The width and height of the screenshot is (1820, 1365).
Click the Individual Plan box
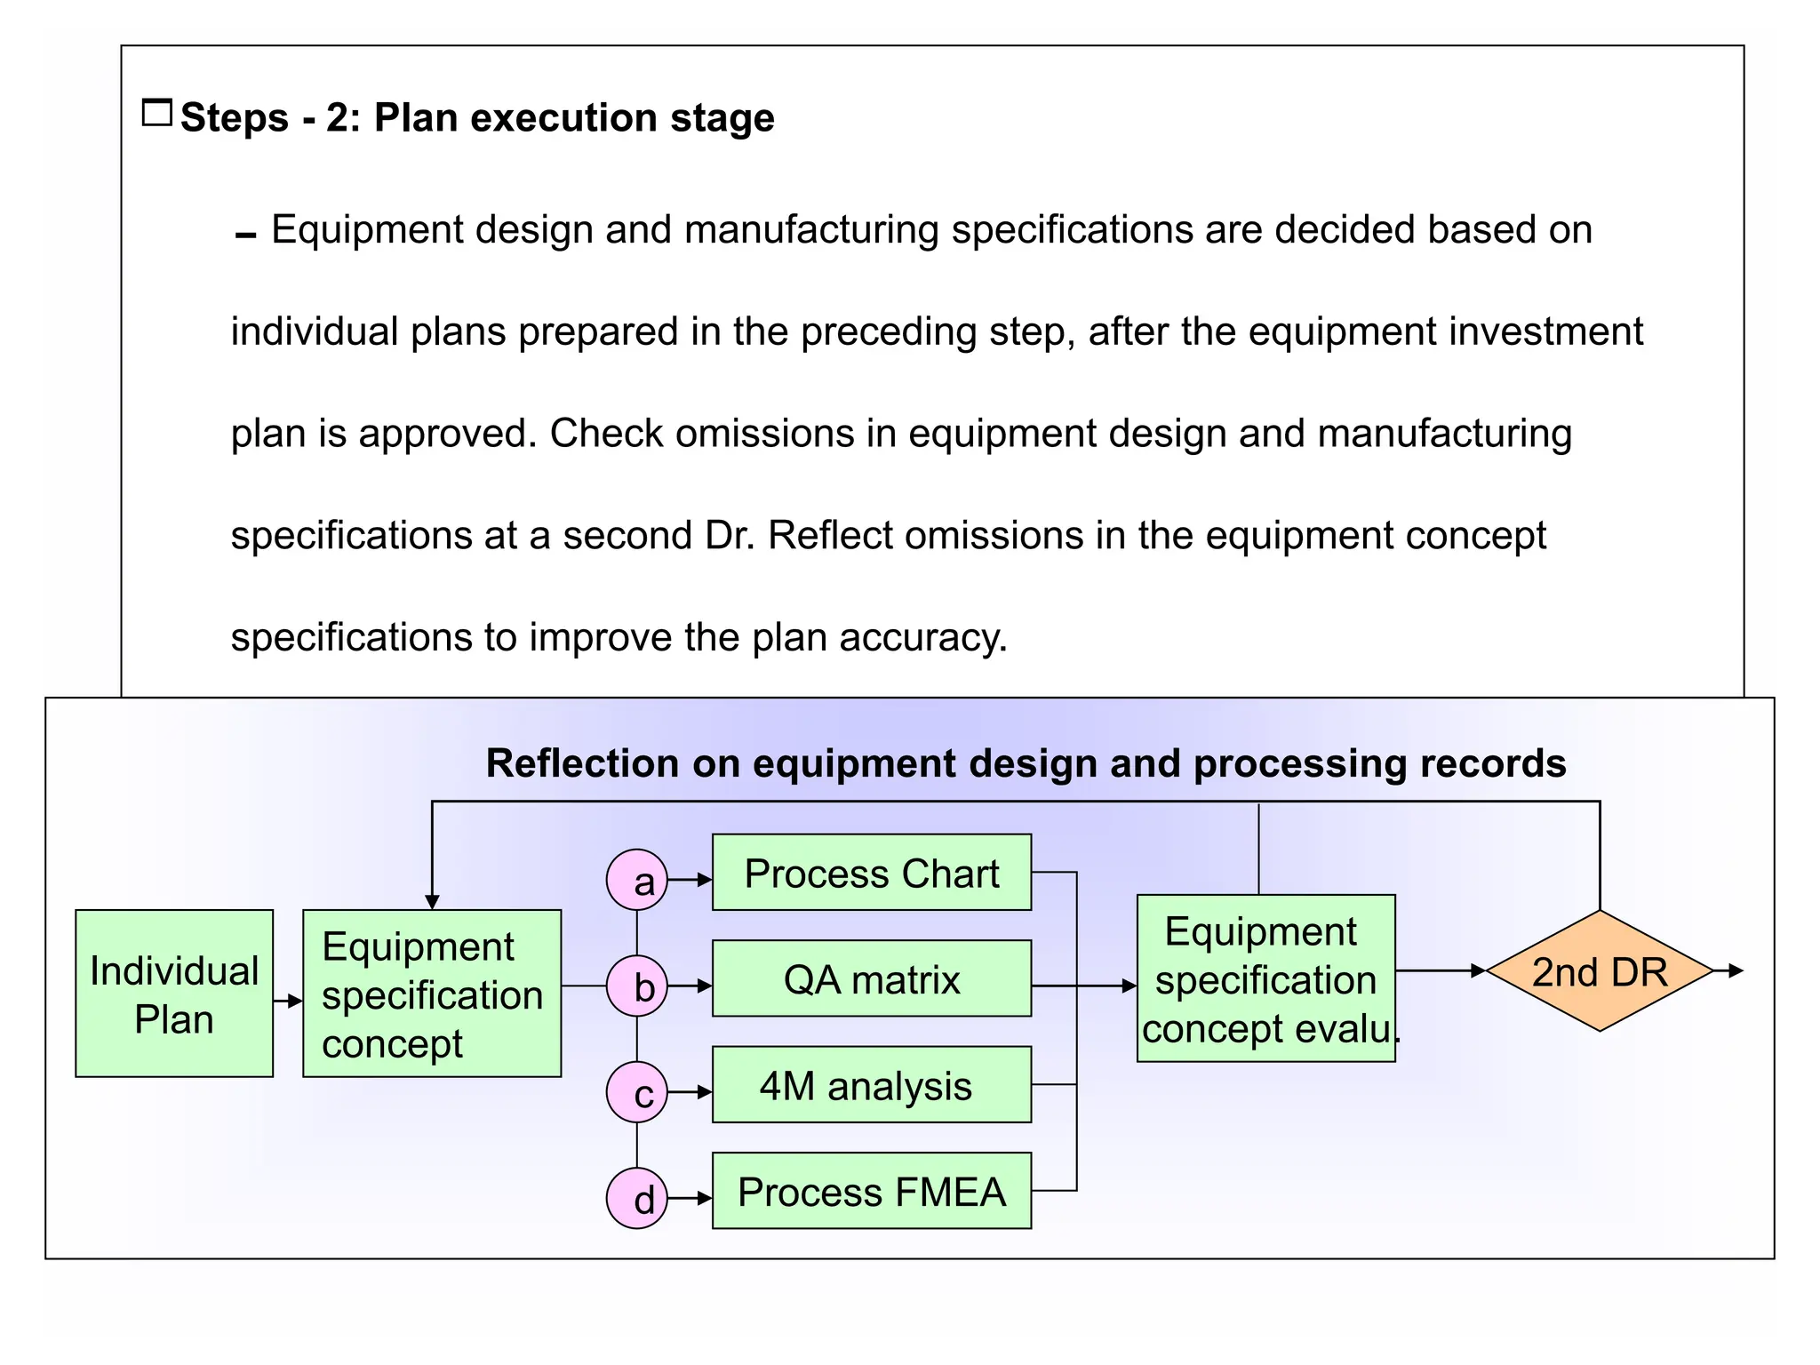(x=174, y=994)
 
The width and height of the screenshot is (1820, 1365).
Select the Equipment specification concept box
(x=432, y=994)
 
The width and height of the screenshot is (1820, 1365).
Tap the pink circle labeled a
(x=636, y=880)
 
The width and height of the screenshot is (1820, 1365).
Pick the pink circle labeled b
(x=636, y=986)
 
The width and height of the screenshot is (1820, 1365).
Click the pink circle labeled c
(x=636, y=1092)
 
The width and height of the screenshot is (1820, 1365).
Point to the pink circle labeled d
(x=636, y=1198)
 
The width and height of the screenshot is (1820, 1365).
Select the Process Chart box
(x=872, y=873)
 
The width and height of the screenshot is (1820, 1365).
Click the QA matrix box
(x=872, y=978)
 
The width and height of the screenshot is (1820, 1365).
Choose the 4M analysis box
(x=872, y=1085)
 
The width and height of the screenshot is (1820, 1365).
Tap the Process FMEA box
(x=872, y=1191)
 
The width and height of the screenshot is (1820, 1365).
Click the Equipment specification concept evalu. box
(x=1265, y=978)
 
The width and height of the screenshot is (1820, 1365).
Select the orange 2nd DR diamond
(x=1600, y=971)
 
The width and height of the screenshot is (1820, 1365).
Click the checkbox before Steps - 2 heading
(x=157, y=113)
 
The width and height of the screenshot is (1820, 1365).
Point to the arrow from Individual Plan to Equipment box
(x=288, y=1002)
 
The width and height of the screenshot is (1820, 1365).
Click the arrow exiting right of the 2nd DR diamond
(x=1729, y=971)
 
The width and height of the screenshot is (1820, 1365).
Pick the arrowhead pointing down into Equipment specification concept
(x=432, y=901)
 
